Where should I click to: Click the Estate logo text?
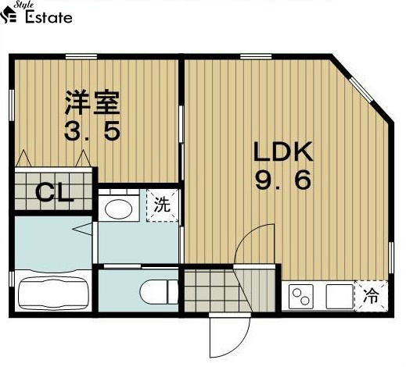pyautogui.click(x=49, y=17)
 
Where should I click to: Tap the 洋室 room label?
pyautogui.click(x=92, y=102)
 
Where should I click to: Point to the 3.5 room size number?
pyautogui.click(x=92, y=130)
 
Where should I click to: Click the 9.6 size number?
pyautogui.click(x=282, y=181)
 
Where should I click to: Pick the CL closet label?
pyautogui.click(x=55, y=192)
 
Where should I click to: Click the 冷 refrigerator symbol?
pyautogui.click(x=372, y=296)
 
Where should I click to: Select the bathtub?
pyautogui.click(x=52, y=291)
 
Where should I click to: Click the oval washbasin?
pyautogui.click(x=119, y=208)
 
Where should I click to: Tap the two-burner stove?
pyautogui.click(x=302, y=296)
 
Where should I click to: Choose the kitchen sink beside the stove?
pyautogui.click(x=338, y=296)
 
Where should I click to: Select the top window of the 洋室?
pyautogui.click(x=75, y=55)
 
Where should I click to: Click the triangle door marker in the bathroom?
pyautogui.click(x=82, y=230)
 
